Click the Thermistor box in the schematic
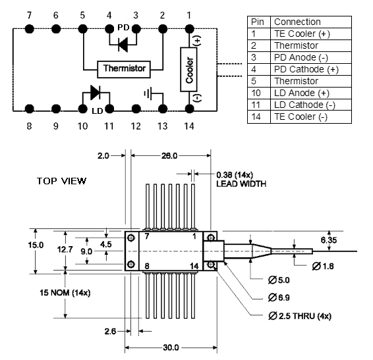124,69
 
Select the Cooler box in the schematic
188,69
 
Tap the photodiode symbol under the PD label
123,45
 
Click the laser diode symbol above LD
96,92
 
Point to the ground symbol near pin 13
148,93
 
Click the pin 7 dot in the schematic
30,29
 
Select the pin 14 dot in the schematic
189,109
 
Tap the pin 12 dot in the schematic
136,109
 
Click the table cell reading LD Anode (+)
302,93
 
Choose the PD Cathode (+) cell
306,69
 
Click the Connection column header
297,22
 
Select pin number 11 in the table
256,105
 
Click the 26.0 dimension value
169,156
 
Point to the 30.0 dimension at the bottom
171,347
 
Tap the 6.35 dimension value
328,240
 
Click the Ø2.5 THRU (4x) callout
300,316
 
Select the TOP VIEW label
61,181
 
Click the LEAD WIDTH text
241,184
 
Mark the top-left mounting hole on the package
131,238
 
